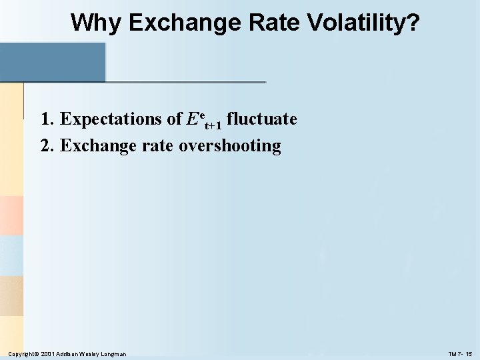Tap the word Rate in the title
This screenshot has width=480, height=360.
272,23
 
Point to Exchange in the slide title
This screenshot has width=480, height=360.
182,23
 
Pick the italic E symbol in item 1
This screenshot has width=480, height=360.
193,119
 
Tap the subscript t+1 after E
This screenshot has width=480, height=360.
213,125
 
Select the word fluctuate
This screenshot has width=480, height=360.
262,119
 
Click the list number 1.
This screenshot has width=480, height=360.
46,119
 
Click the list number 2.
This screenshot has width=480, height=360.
46,145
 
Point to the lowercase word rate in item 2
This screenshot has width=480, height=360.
159,145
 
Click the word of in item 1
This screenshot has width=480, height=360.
174,119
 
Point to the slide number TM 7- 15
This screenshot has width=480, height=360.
459,353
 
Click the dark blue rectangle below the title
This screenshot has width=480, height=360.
53,62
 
